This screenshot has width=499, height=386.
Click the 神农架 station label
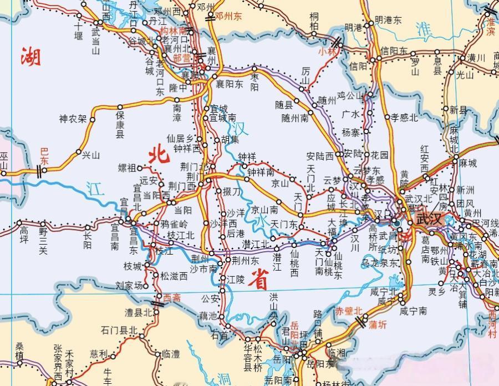[x=73, y=119]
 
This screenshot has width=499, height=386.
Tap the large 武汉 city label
[x=430, y=219]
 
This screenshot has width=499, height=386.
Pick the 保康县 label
[x=120, y=124]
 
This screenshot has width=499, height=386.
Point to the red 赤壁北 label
[x=348, y=311]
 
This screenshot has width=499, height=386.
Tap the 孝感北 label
[x=404, y=117]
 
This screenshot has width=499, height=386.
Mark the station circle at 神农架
[x=93, y=119]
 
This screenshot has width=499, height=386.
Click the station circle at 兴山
[x=78, y=151]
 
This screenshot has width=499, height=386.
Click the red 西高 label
[x=172, y=298]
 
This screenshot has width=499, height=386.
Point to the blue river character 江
[x=95, y=190]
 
